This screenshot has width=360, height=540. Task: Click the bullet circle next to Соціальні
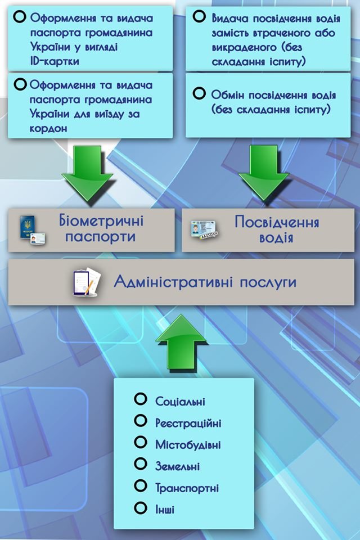141,399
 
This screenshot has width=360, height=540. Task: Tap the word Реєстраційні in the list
188,423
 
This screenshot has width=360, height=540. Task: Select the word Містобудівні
188,444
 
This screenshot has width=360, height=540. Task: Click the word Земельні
177,466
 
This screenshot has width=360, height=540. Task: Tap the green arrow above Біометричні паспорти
88,174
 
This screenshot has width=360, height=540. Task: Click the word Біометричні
101,220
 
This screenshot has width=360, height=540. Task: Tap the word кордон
49,128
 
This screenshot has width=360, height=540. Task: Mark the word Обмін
227,95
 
